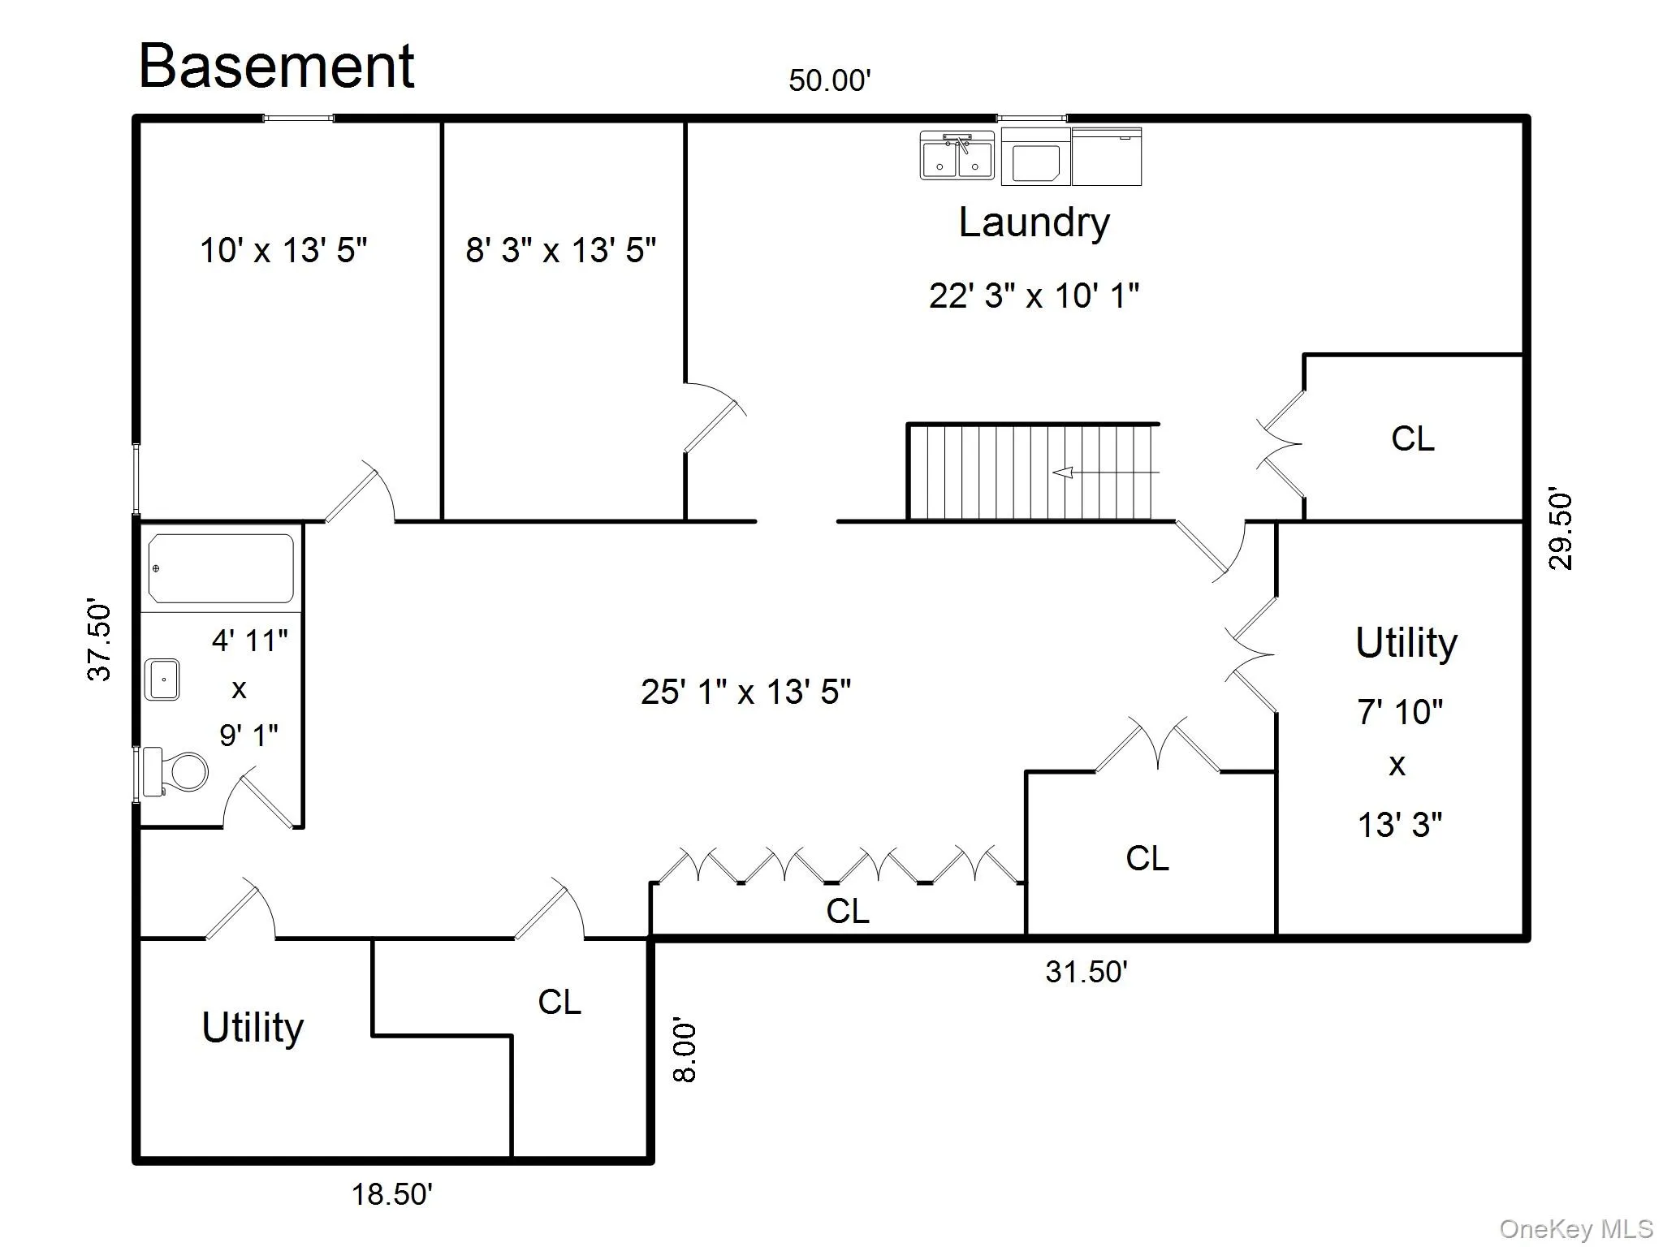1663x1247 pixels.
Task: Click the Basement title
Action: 277,66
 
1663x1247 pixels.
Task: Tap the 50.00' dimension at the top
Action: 830,80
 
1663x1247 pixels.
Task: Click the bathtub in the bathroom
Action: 221,567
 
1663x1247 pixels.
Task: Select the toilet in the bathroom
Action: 175,771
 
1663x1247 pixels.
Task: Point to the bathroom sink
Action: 162,680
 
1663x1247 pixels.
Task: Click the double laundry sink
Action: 957,155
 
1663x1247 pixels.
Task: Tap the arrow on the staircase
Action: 1105,472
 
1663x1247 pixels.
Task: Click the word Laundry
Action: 1034,223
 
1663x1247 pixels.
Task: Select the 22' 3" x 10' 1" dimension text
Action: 1034,296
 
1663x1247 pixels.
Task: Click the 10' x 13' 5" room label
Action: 283,250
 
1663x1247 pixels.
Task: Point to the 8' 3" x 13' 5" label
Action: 560,250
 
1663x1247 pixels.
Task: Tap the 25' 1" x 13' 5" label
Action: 745,692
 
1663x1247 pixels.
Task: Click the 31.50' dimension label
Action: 1086,972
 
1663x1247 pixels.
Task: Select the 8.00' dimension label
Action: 685,1052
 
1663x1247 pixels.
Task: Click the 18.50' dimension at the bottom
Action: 391,1194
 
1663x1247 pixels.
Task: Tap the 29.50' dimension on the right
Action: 1561,531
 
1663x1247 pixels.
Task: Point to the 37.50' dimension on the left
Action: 99,641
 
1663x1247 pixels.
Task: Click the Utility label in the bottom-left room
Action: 253,1028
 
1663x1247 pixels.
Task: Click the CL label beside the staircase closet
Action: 1412,438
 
